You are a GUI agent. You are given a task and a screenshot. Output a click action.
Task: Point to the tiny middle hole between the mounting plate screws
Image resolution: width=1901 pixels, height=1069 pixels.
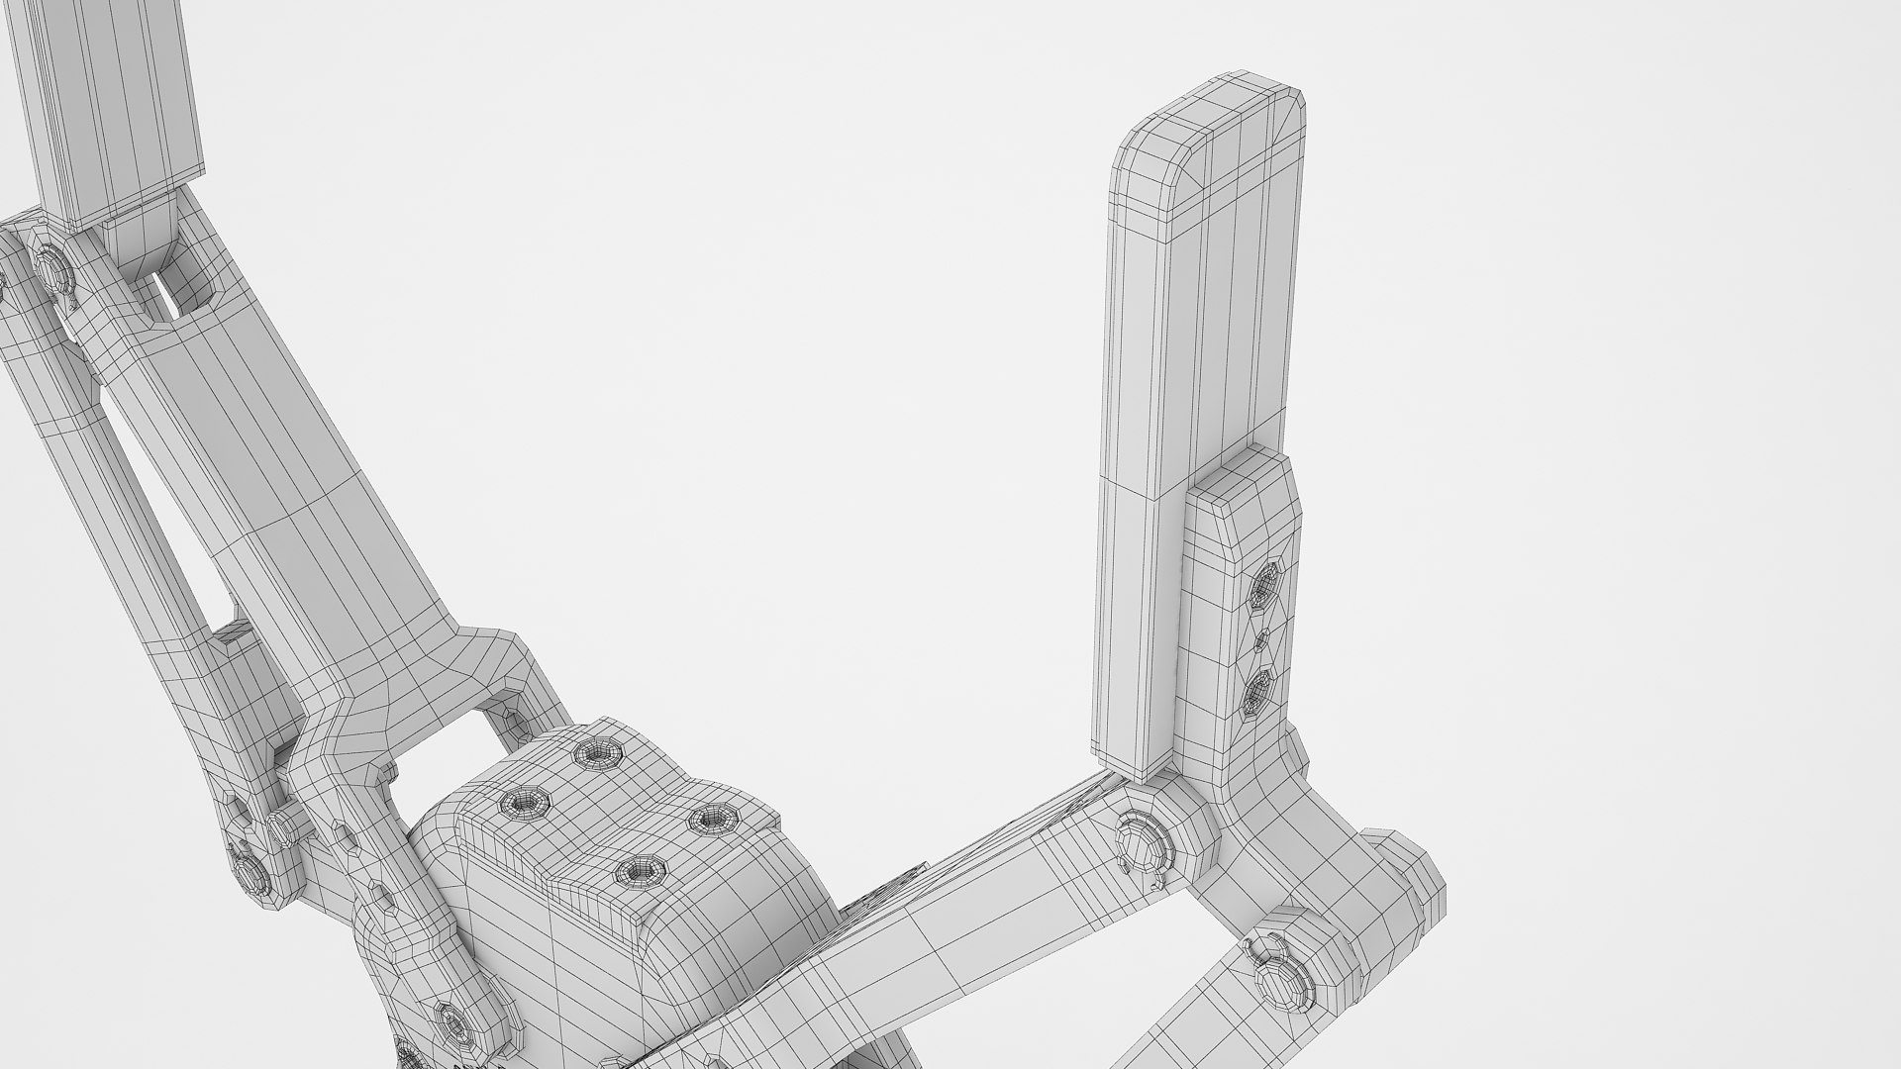pos(1260,641)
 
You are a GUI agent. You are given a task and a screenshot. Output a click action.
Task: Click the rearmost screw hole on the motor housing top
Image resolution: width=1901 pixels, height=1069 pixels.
pos(600,754)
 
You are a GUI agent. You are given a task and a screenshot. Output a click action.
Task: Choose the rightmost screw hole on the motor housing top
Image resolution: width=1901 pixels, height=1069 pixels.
pos(711,818)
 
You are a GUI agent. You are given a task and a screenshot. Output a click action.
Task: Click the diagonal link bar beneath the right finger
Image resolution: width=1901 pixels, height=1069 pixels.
pos(941,930)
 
